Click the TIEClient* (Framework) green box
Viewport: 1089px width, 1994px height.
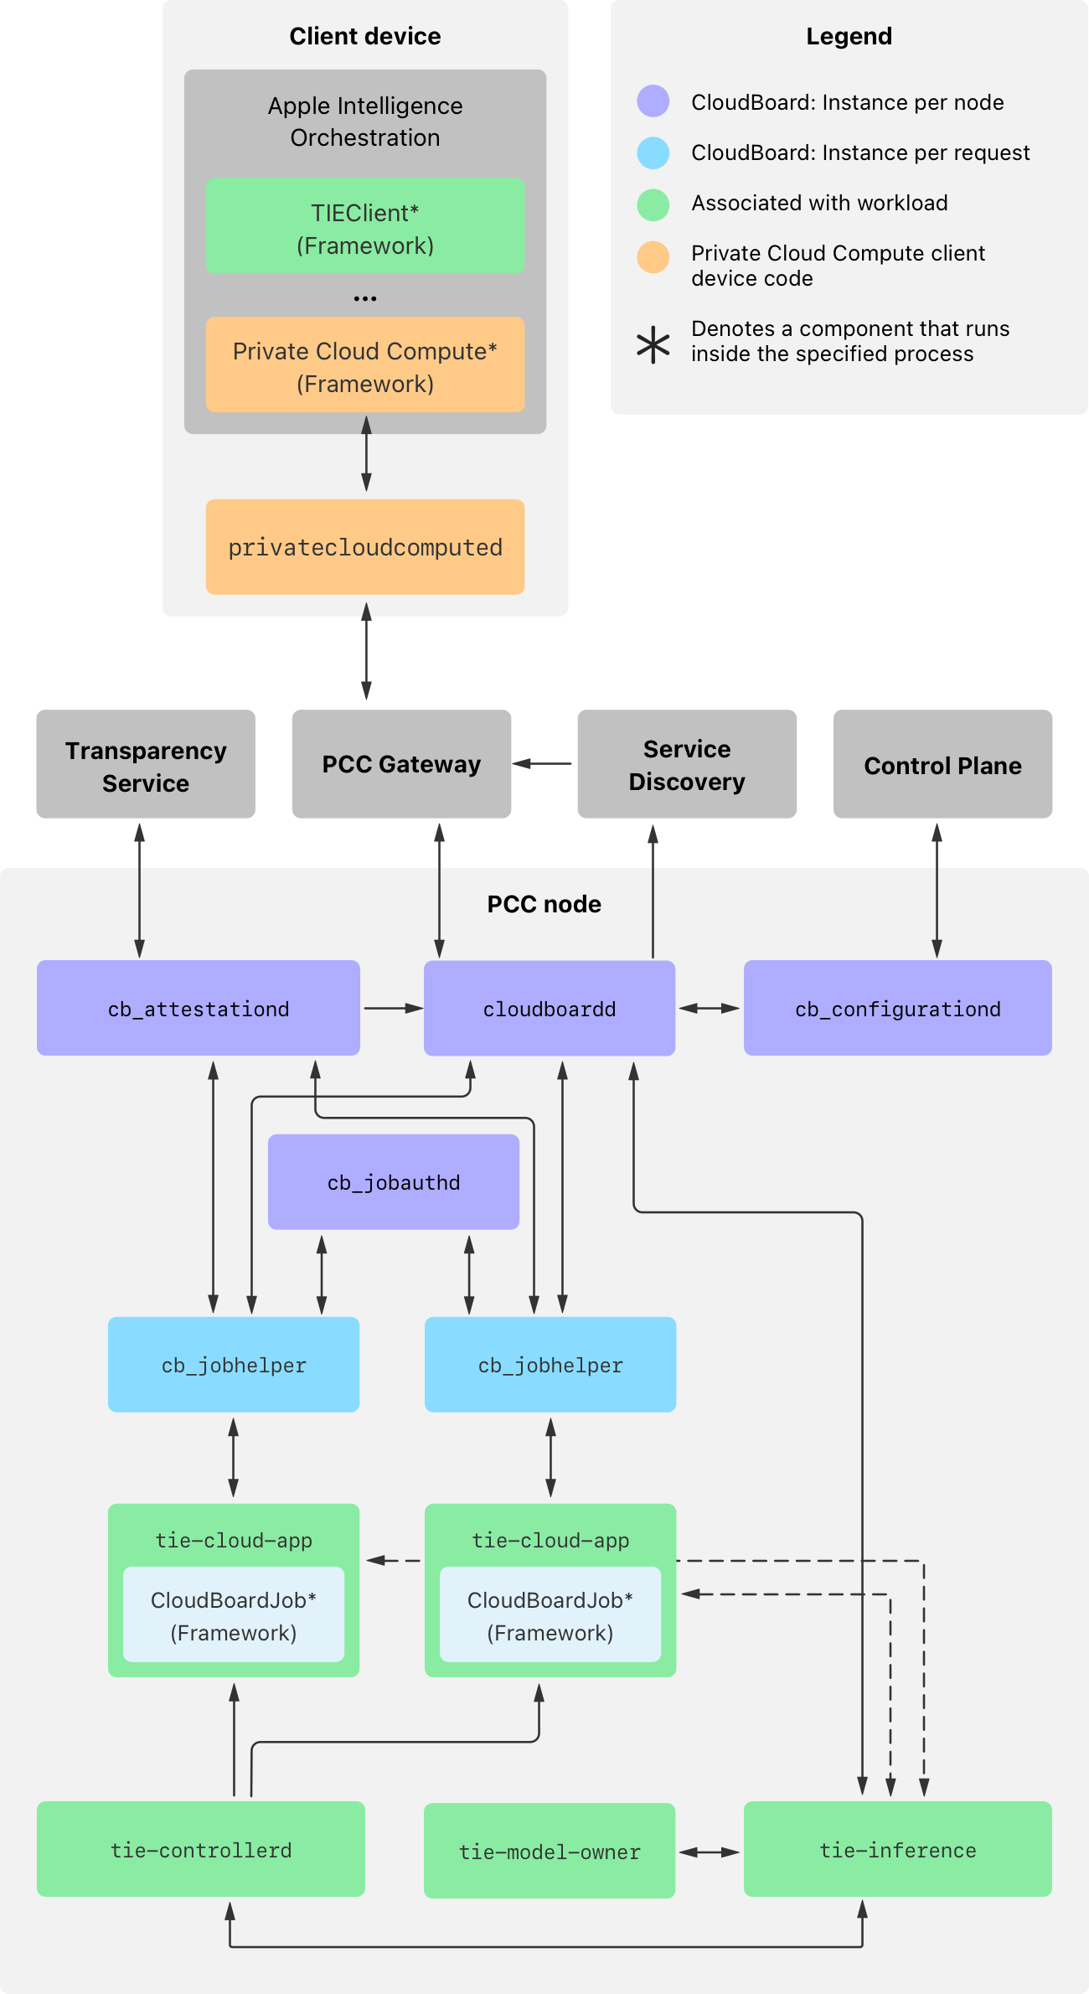pyautogui.click(x=365, y=225)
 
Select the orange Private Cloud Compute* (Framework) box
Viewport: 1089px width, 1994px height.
pyautogui.click(x=365, y=364)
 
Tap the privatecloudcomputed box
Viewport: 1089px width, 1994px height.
pyautogui.click(x=365, y=547)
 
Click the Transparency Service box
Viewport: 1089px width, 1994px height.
pyautogui.click(x=146, y=764)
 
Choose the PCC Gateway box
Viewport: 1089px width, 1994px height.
pyautogui.click(x=401, y=764)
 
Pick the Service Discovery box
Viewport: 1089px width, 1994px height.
pyautogui.click(x=687, y=764)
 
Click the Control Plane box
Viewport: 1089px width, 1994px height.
pyautogui.click(x=942, y=764)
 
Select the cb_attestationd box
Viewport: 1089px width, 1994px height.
pyautogui.click(x=199, y=1008)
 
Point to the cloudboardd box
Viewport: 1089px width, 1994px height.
pyautogui.click(x=550, y=1008)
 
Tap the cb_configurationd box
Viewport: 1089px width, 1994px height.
pyautogui.click(x=898, y=1008)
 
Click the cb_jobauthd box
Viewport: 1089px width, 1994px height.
pyautogui.click(x=394, y=1182)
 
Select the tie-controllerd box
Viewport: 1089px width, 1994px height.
pyautogui.click(x=201, y=1849)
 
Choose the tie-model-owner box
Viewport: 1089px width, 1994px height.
pyautogui.click(x=550, y=1851)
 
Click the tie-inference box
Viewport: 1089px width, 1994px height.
pyautogui.click(x=898, y=1849)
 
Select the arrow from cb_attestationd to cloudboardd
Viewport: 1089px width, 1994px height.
pyautogui.click(x=392, y=1008)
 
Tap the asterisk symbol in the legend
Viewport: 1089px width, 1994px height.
pyautogui.click(x=653, y=344)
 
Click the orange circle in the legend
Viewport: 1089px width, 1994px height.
pyautogui.click(x=653, y=257)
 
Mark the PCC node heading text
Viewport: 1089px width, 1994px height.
pyautogui.click(x=544, y=904)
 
